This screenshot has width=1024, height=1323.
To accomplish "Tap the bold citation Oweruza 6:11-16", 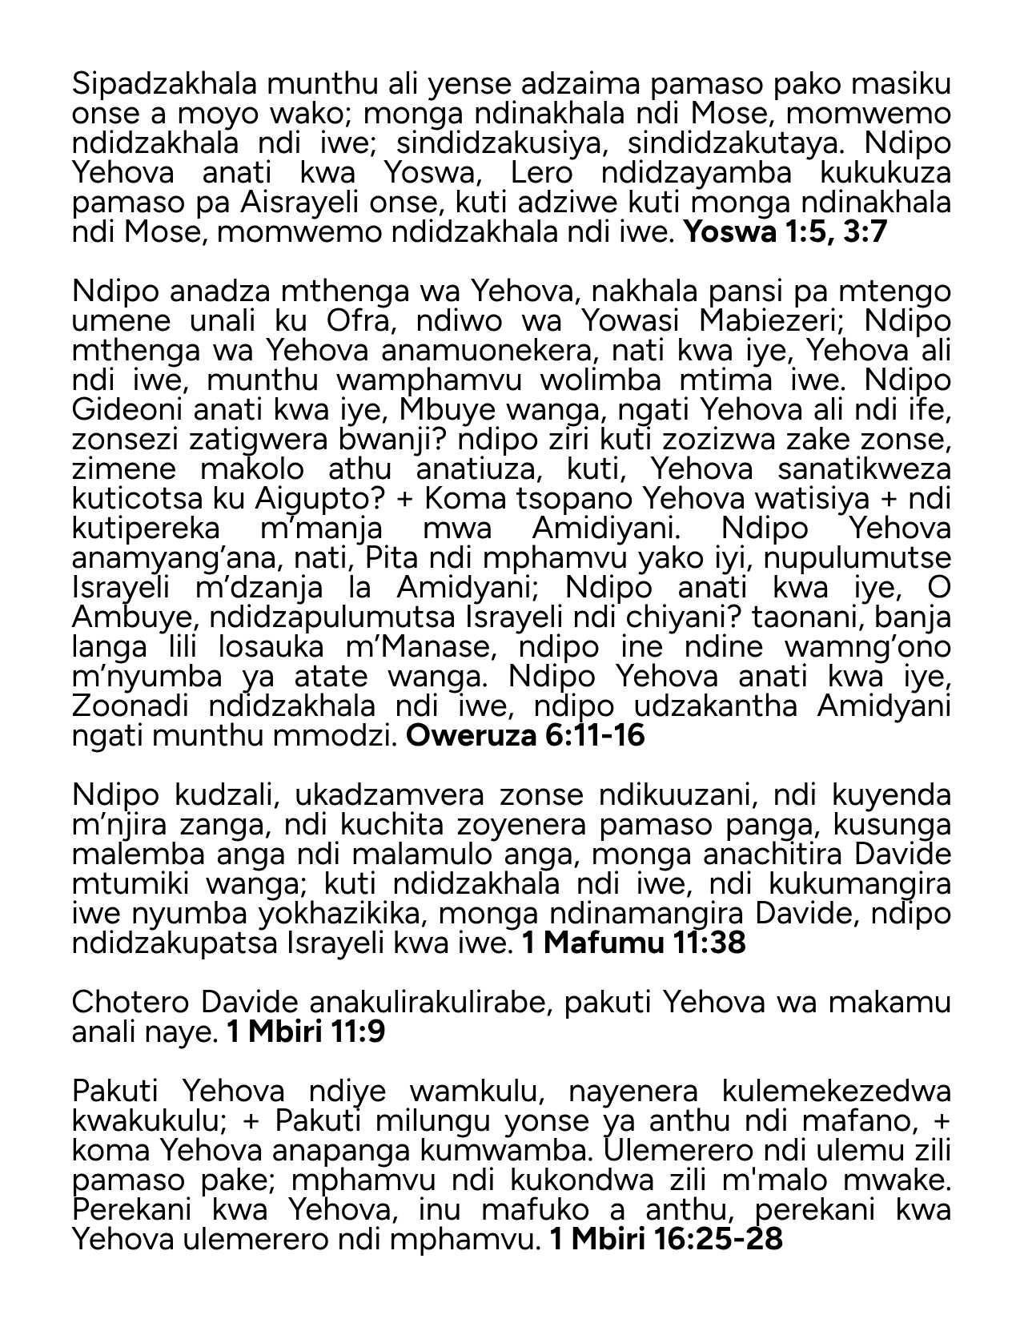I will point(525,735).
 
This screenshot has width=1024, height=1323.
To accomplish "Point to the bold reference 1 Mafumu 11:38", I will point(633,943).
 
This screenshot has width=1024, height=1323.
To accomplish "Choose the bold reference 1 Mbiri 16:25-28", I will point(665,1239).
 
